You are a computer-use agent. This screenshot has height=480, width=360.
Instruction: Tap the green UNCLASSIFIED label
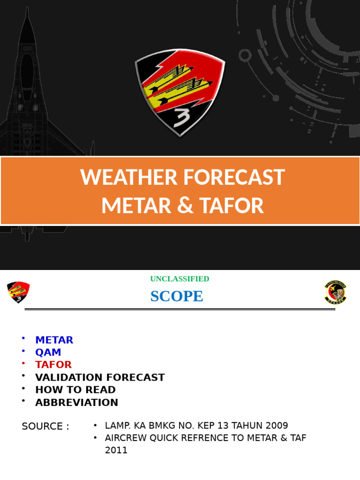pos(180,279)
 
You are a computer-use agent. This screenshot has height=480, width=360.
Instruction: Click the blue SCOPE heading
pos(177,296)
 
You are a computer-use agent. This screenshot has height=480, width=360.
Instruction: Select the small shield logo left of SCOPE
pos(18,292)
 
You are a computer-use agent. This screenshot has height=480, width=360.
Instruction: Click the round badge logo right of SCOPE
pos(335,292)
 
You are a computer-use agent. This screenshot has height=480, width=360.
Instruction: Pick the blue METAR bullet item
pos(54,340)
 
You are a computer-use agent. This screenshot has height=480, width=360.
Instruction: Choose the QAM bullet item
pos(48,352)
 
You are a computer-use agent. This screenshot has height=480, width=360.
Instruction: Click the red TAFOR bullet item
pos(53,365)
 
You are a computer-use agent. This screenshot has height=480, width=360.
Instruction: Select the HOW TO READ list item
pos(75,390)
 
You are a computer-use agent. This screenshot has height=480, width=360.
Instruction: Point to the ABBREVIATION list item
pos(76,402)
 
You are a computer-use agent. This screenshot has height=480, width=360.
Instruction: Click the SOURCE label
pos(45,426)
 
